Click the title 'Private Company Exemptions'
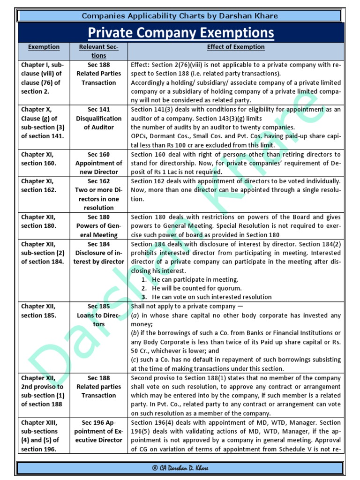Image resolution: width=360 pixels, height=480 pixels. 180,33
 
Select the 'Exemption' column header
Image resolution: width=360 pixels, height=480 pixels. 44,47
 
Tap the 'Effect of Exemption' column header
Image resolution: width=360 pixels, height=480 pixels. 236,47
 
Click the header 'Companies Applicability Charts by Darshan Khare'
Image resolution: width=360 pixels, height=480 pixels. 180,16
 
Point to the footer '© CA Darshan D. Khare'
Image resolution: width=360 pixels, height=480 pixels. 180,468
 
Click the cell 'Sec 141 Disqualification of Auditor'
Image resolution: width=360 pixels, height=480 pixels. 99,118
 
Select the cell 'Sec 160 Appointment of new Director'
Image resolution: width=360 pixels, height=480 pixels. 99,163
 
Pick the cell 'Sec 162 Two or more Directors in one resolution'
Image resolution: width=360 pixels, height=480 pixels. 99,195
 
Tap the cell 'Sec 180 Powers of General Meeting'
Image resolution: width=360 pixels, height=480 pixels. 99,226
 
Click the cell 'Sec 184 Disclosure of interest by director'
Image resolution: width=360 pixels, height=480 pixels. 99,253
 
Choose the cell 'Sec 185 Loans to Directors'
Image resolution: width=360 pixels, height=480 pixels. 99,315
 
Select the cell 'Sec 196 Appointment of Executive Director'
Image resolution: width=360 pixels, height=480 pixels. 99,431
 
